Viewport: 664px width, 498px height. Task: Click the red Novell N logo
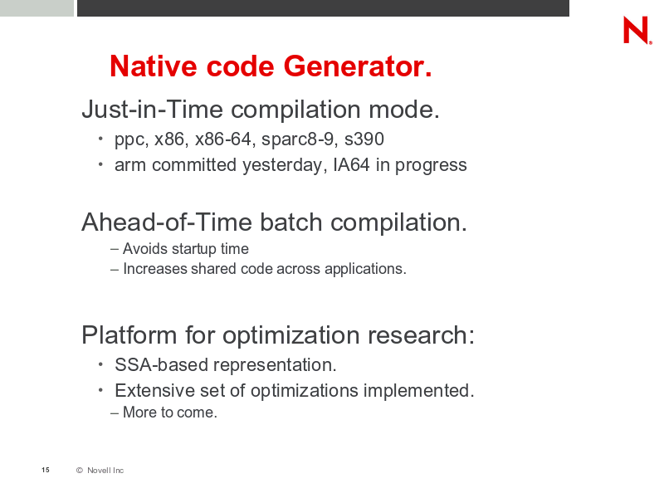click(637, 30)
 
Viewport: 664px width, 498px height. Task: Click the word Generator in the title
click(358, 66)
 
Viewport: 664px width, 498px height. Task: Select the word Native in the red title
click(154, 66)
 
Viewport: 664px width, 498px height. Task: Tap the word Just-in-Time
click(153, 110)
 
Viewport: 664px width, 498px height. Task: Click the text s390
click(364, 139)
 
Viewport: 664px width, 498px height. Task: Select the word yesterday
click(284, 165)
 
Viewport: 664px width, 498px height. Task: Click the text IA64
click(351, 164)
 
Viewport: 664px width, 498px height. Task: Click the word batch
click(291, 222)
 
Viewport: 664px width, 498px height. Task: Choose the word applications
click(365, 269)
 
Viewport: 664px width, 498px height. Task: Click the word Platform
click(129, 334)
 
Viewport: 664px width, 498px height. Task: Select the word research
click(422, 334)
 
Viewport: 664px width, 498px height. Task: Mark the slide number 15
click(46, 470)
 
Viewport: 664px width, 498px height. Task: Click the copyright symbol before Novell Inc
click(79, 470)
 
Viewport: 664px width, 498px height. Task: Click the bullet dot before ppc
click(100, 138)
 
